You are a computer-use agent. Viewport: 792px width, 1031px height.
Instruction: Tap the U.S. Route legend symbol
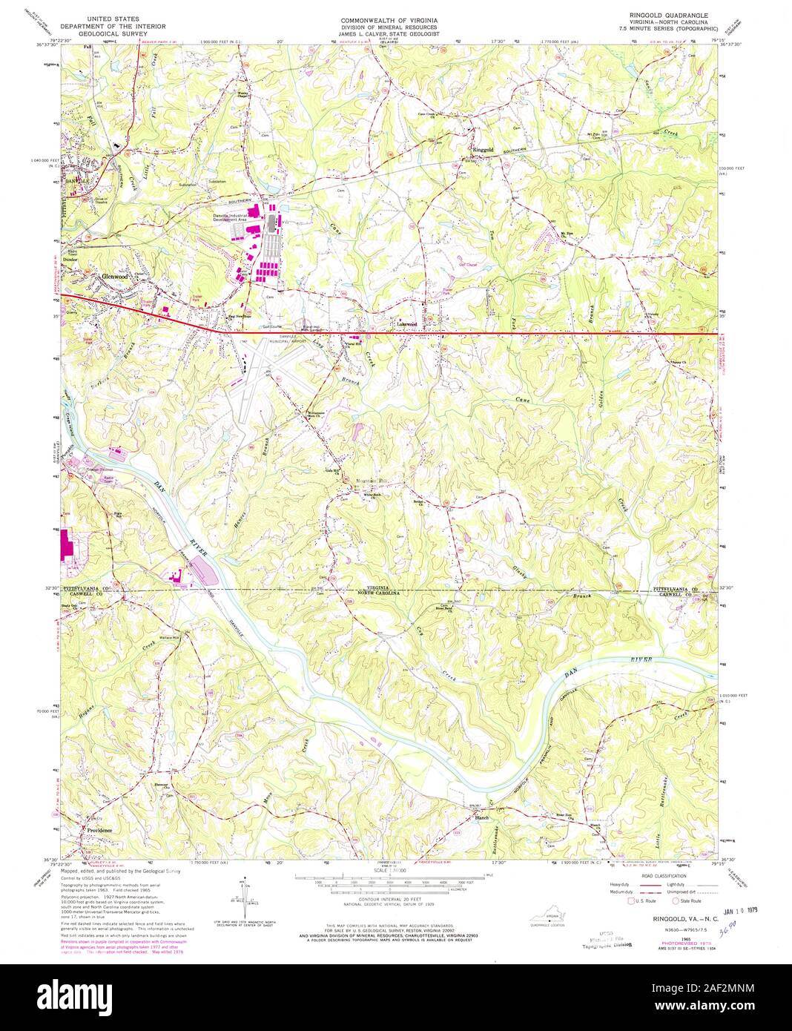[632, 902]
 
